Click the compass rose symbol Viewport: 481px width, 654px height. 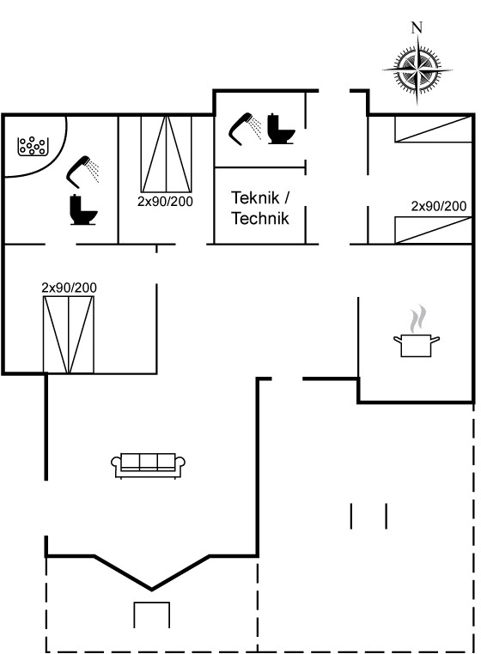point(417,70)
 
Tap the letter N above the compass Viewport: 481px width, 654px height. point(417,27)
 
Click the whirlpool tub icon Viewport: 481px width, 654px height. point(32,147)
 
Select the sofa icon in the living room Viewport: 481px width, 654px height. point(149,465)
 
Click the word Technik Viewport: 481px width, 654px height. point(260,218)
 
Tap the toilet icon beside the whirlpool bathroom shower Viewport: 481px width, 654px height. point(83,209)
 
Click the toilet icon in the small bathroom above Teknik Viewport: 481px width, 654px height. point(281,129)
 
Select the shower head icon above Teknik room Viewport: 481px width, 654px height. point(245,129)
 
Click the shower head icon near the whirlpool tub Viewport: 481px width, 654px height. point(83,172)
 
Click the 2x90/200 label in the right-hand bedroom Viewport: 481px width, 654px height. point(438,206)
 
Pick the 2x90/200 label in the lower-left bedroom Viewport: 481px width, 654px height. point(69,288)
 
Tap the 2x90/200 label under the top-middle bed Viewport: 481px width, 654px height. point(165,202)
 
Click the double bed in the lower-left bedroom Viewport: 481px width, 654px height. point(69,335)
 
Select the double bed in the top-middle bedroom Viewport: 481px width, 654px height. point(166,154)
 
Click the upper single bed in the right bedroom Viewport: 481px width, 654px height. point(434,130)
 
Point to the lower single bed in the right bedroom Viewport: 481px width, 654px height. point(434,230)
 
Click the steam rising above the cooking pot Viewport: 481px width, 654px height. point(418,318)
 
